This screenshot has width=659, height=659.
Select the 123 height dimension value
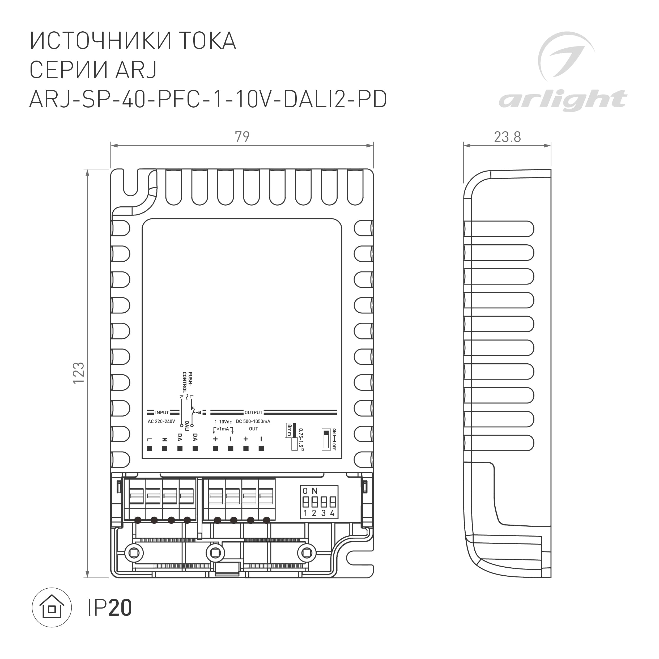(x=79, y=372)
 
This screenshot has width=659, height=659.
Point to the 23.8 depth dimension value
(x=507, y=137)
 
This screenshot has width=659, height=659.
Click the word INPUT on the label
(x=162, y=413)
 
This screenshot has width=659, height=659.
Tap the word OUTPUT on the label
(x=253, y=413)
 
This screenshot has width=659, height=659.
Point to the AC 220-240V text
(x=161, y=422)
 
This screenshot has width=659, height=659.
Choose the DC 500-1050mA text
(x=253, y=422)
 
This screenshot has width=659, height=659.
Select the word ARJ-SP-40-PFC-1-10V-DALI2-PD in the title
(x=208, y=99)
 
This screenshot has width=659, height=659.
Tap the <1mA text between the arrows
(x=223, y=429)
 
